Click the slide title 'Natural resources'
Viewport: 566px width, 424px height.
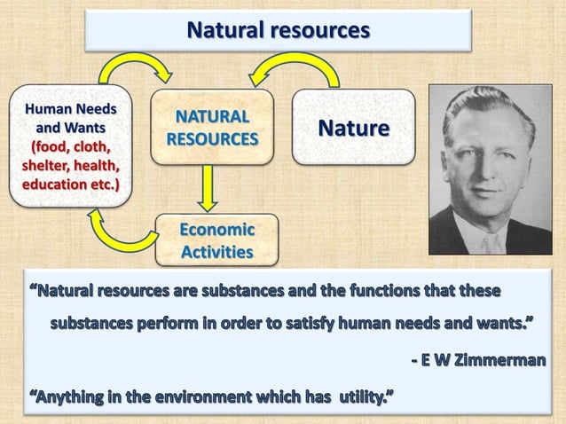click(278, 31)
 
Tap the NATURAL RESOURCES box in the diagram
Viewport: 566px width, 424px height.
click(211, 128)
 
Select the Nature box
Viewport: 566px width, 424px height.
click(353, 128)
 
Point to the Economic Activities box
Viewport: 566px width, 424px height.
click(216, 240)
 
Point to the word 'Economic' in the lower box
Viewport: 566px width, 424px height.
click(216, 230)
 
